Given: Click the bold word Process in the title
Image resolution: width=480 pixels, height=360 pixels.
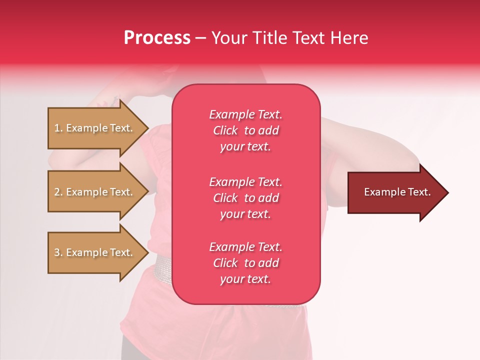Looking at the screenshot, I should (157, 38).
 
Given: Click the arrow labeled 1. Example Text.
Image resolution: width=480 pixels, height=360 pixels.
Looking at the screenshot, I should (95, 128).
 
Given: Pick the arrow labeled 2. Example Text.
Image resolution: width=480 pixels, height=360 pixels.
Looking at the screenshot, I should (95, 192).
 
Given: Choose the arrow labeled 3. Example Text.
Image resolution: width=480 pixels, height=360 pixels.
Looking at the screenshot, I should (95, 252).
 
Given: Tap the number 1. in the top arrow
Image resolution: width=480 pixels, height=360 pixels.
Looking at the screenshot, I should (58, 128).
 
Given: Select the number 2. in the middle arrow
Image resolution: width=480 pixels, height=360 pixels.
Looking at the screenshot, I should (58, 192).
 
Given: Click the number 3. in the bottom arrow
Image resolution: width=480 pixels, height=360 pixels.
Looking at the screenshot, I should (58, 252).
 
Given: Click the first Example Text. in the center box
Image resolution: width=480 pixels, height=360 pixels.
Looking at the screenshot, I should (245, 114).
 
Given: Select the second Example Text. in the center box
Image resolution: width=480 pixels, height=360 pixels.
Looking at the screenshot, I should (245, 182).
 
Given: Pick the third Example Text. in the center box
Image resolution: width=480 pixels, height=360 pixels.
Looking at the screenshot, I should (245, 247).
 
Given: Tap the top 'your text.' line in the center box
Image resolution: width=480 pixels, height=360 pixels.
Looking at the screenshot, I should (245, 147).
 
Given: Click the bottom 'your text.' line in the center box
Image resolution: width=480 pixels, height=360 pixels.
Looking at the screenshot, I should (245, 279).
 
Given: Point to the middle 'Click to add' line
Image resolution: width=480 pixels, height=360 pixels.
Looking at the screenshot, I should (245, 198).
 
